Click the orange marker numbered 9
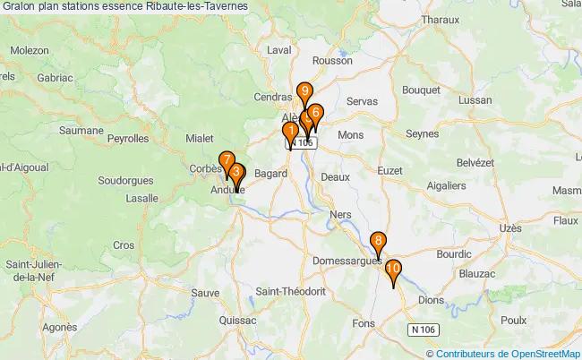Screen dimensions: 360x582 pos(305,90)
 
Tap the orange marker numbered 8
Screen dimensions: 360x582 pos(379,240)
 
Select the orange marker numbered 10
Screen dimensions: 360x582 pos(393,268)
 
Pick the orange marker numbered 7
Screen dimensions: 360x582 pos(227,161)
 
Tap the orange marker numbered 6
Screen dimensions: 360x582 pos(315,112)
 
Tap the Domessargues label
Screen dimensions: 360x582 pos(347,261)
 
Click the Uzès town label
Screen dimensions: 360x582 pos(510,228)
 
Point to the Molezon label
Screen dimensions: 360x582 pos(30,50)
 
